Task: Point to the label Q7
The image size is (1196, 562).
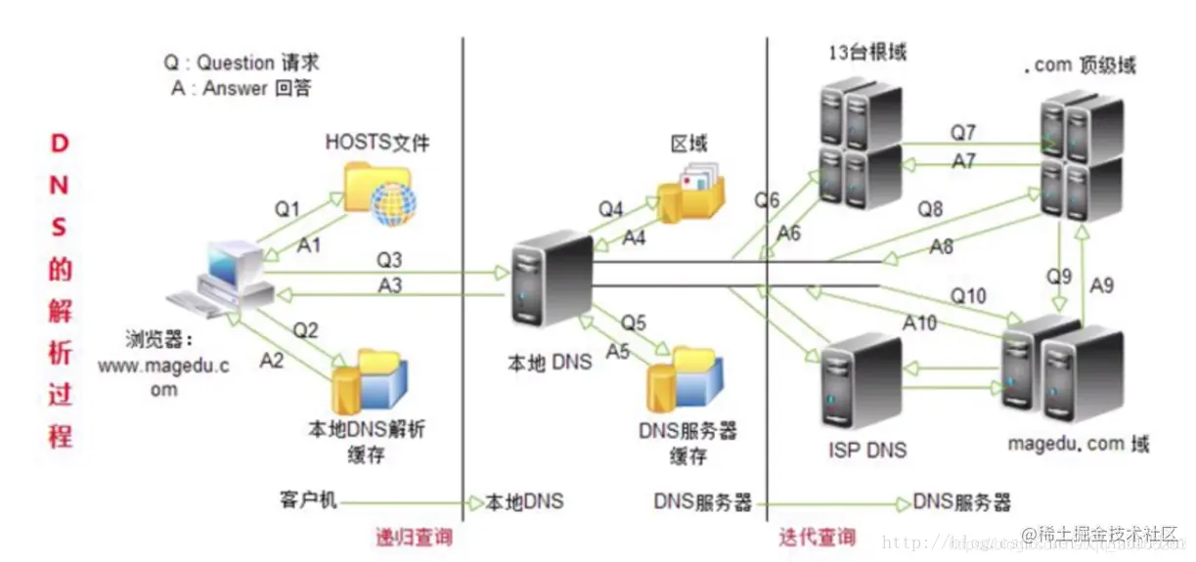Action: [962, 131]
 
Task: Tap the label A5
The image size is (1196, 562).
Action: [617, 350]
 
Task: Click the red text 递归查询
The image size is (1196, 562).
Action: [414, 537]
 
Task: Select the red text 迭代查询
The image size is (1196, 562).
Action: [817, 537]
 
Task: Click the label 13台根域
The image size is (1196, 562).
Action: [863, 52]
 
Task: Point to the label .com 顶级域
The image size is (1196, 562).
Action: [1080, 65]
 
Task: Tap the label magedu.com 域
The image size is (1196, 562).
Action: [1078, 445]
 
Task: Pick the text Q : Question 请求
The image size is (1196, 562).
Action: [242, 63]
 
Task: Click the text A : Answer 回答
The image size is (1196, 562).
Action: [242, 88]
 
